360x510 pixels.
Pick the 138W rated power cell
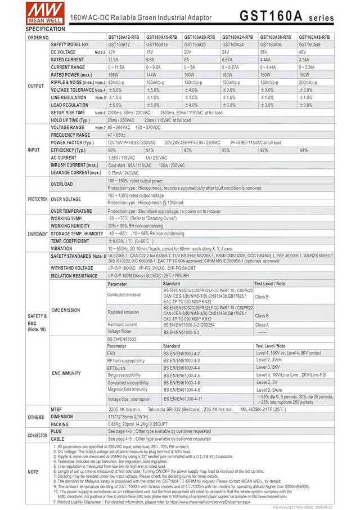click(x=114, y=74)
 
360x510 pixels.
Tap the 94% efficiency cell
click(x=304, y=150)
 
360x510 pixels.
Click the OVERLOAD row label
click(x=62, y=184)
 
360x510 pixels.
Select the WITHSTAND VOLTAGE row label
click(x=72, y=268)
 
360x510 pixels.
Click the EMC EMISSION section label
click(x=66, y=310)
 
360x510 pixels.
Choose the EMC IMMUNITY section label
click(x=66, y=373)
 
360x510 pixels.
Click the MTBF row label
click(x=56, y=409)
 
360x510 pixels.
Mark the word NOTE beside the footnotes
click(x=33, y=472)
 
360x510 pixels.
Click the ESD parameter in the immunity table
click(x=111, y=353)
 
